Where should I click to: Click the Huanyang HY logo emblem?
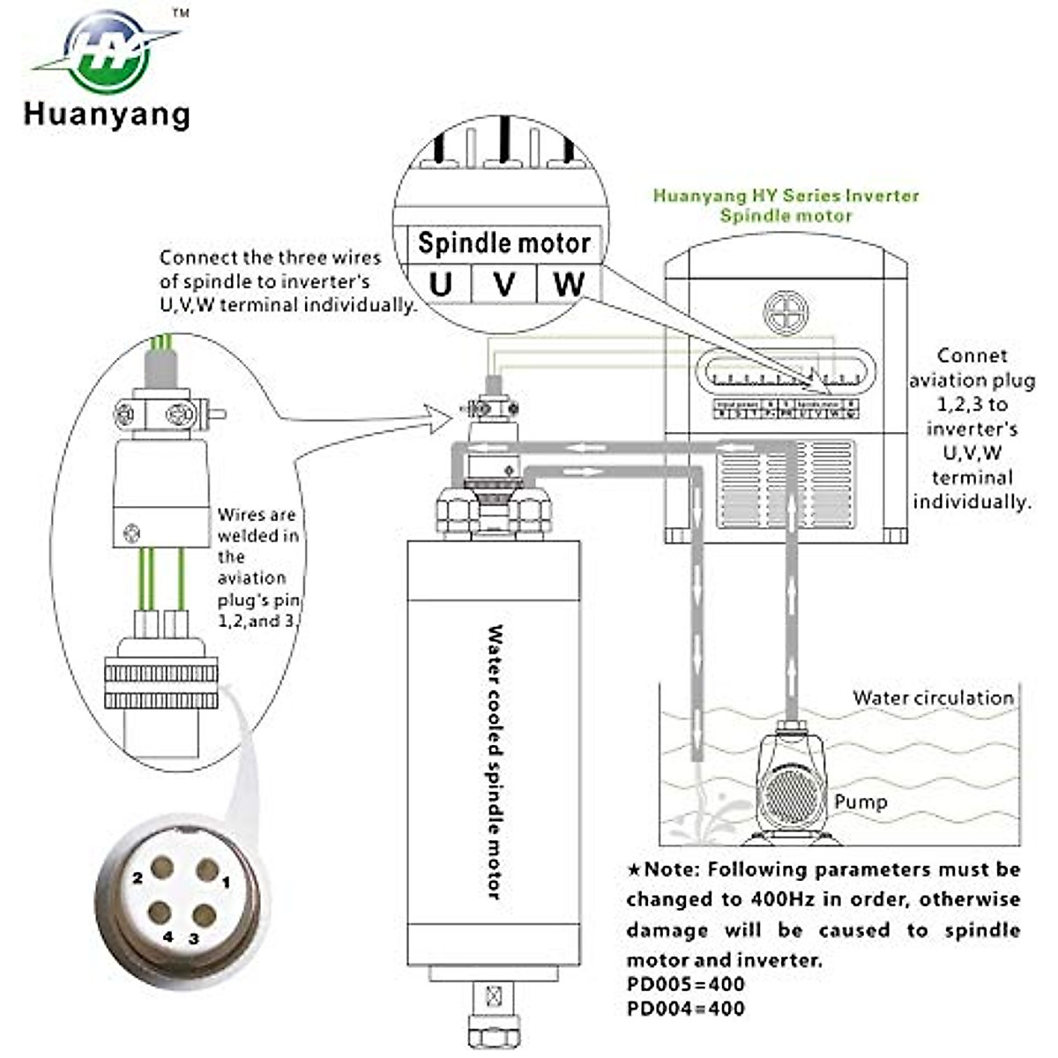pos(108,53)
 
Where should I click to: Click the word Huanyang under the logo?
pos(107,115)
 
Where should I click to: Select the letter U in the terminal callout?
pos(440,284)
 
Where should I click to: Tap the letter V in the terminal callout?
pos(504,284)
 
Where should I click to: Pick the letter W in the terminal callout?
pos(569,284)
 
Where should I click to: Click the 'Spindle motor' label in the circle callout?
pos(503,243)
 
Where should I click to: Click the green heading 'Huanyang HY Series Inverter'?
pos(786,196)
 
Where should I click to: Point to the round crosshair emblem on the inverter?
pos(786,312)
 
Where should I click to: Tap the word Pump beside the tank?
pos(861,802)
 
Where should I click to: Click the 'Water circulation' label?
pos(933,697)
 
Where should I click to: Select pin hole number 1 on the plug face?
pos(207,871)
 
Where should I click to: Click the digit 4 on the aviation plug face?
pos(168,937)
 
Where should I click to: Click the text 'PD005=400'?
pos(685,984)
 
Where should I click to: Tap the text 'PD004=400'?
pos(685,1009)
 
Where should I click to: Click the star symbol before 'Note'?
pos(634,870)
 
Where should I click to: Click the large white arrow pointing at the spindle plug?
pos(437,415)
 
